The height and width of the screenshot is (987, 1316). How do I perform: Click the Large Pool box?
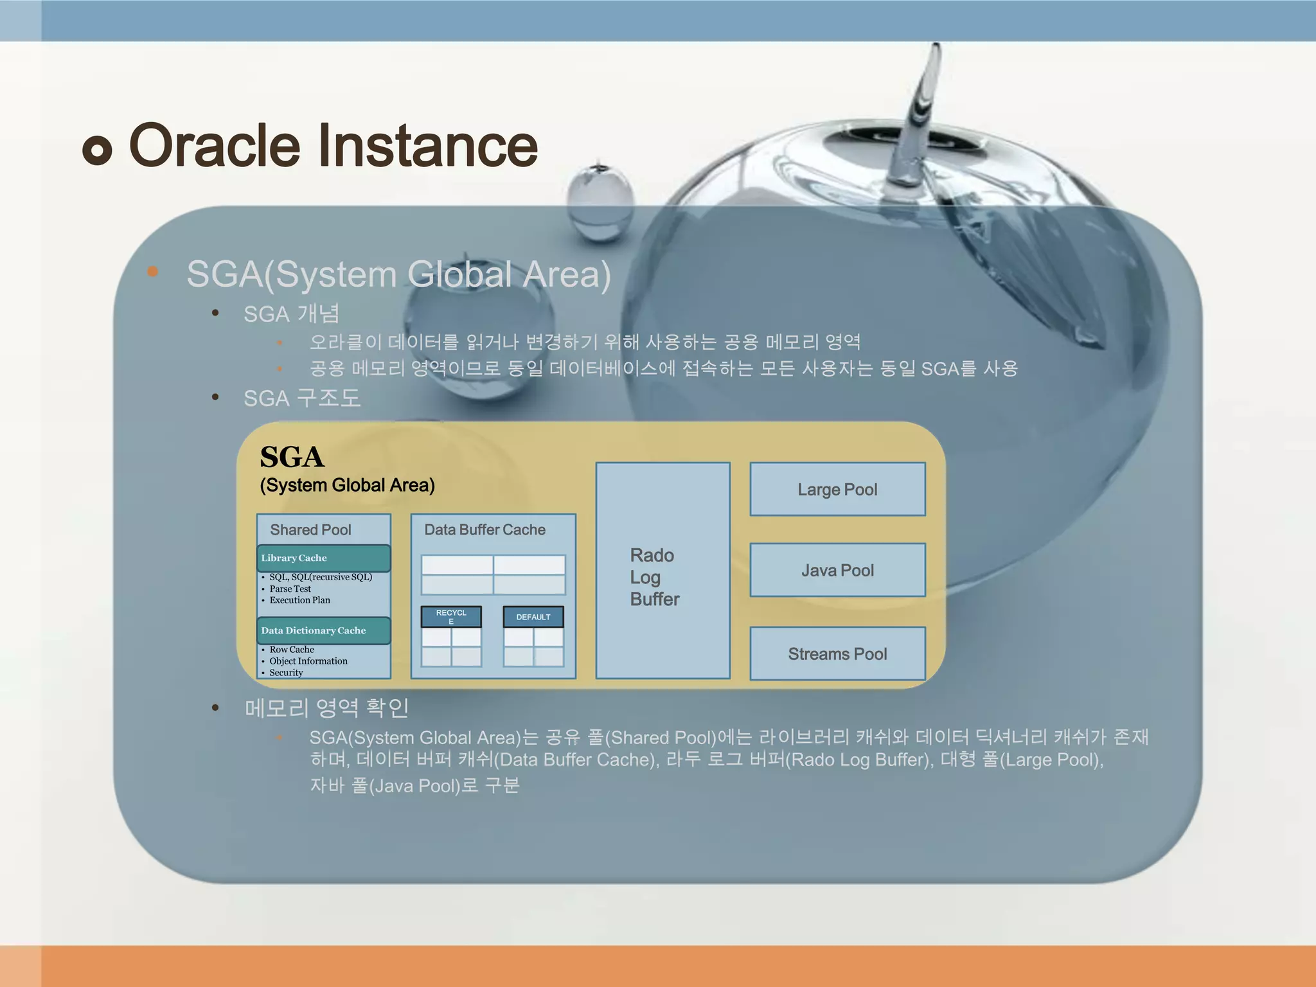click(x=837, y=489)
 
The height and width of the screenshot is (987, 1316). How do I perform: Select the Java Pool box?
click(x=837, y=570)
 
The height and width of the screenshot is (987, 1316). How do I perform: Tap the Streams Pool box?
click(x=837, y=654)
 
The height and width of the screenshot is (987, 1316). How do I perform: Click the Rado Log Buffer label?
click(x=654, y=577)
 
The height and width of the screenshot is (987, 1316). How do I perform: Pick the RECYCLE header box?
click(x=451, y=617)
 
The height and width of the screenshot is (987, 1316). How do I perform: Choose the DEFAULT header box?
click(x=533, y=617)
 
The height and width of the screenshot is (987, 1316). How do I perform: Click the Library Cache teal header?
click(x=324, y=558)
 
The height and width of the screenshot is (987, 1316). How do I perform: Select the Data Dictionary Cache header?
click(x=324, y=630)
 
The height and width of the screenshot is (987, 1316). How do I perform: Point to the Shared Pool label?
click(x=310, y=529)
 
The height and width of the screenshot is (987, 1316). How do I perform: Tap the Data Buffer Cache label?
click(x=485, y=529)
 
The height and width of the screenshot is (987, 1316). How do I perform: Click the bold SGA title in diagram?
click(x=292, y=457)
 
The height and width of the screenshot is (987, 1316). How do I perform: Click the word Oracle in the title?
click(x=215, y=145)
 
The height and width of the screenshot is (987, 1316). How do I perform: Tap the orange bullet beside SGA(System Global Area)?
click(x=152, y=271)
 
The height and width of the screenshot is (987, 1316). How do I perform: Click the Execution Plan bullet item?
click(x=299, y=600)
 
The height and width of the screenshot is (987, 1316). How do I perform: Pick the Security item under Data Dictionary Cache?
click(x=286, y=673)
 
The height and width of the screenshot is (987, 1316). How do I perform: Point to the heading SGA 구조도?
click(x=301, y=398)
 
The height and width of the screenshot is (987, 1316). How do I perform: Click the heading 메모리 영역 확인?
click(x=326, y=707)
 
